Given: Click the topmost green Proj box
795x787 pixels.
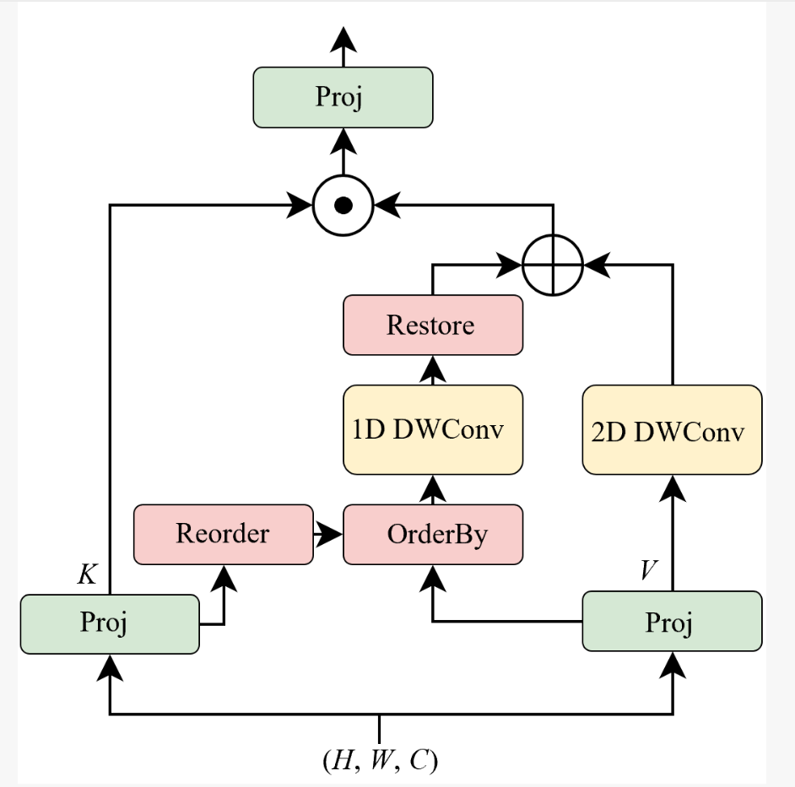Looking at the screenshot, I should tap(343, 98).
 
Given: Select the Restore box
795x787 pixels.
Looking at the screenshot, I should tap(433, 325).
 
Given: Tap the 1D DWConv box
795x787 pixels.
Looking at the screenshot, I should tap(433, 429).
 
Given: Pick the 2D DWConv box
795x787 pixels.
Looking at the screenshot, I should tap(672, 431).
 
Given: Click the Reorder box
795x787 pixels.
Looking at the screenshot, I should tap(223, 534).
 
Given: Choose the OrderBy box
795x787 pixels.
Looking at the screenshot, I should tap(433, 534).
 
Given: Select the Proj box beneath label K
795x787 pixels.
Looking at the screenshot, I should tap(110, 623).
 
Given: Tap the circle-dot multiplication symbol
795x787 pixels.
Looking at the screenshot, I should tap(343, 205).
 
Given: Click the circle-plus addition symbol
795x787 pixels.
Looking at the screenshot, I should tap(553, 265).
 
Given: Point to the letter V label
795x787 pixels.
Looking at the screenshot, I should tap(647, 570).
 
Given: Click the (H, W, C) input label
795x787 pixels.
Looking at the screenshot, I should tap(380, 760).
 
